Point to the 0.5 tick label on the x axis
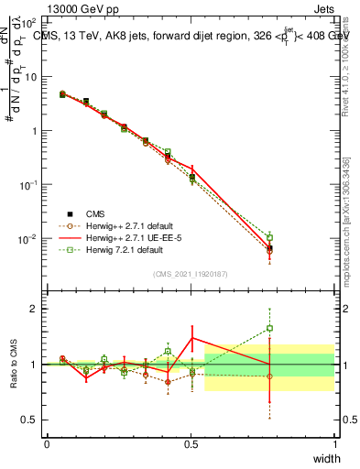[191, 444]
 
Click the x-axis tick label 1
[334, 444]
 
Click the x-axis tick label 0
[47, 444]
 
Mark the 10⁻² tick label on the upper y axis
[29, 239]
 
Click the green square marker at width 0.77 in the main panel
[269, 237]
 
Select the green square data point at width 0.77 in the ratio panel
[269, 328]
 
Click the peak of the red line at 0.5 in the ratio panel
[191, 338]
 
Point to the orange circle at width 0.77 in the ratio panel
[269, 376]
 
